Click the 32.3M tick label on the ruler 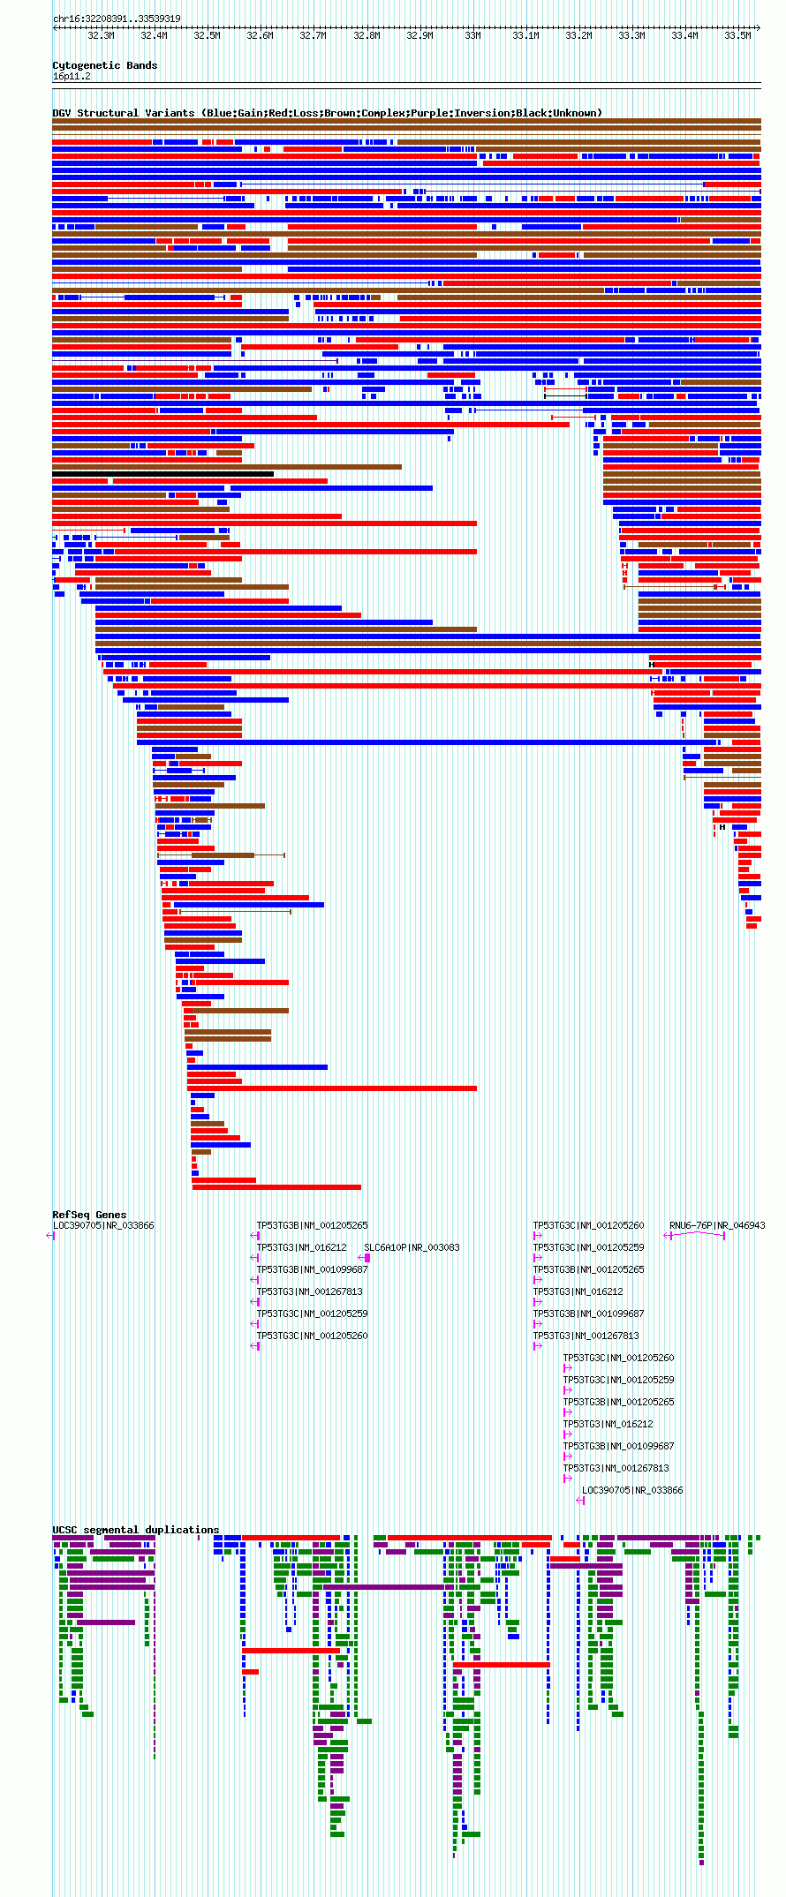pos(101,36)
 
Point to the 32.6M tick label pos(260,36)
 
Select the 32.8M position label pos(367,36)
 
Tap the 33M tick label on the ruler pos(472,36)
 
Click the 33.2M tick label pos(578,36)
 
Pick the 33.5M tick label pos(737,36)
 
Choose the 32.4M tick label pos(154,36)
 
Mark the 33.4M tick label pos(684,36)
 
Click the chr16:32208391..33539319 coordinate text pos(117,19)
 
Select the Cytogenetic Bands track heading pos(104,65)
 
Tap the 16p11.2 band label pos(72,76)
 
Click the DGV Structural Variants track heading pos(327,113)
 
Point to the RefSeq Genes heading pos(89,1215)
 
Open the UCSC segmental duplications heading pos(135,1530)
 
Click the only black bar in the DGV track pos(162,474)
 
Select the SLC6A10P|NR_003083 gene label pos(412,1247)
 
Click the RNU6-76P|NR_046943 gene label pos(717,1225)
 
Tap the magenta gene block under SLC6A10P pos(366,1258)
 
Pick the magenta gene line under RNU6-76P pos(695,1235)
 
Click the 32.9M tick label pos(419,36)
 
